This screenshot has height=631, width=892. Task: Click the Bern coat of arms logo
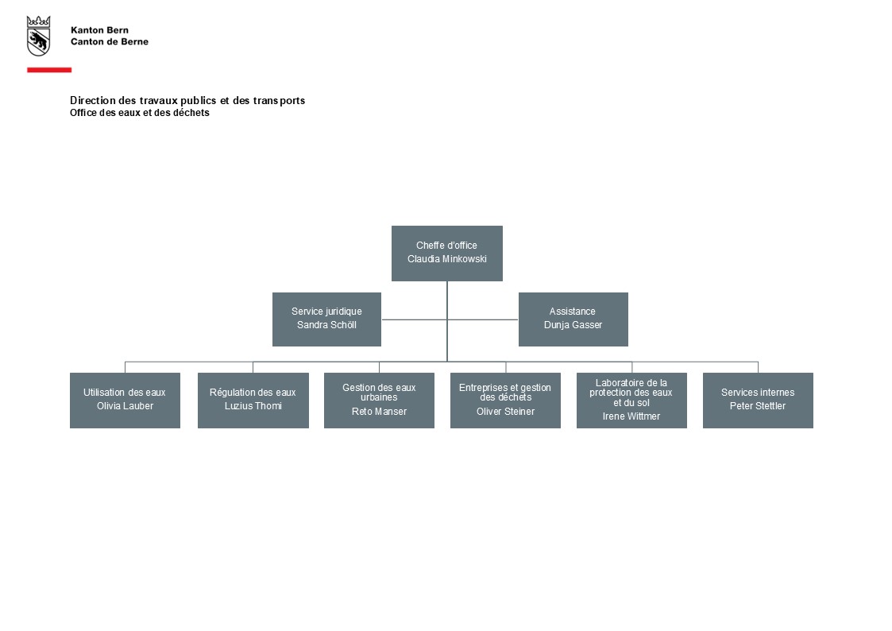[39, 36]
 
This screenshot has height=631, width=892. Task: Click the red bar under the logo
[49, 70]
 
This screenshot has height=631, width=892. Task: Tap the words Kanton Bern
[99, 30]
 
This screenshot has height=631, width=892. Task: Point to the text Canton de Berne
[110, 41]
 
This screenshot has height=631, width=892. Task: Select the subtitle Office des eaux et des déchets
[139, 113]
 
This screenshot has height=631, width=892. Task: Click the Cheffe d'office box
[447, 254]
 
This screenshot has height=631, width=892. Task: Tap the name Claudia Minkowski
[447, 259]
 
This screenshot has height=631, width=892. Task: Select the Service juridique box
[326, 319]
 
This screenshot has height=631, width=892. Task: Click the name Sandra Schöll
[326, 325]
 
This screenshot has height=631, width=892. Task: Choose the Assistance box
[573, 319]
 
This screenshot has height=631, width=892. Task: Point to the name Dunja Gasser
[573, 325]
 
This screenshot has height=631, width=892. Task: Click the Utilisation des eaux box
[125, 400]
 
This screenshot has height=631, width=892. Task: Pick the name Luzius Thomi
[253, 405]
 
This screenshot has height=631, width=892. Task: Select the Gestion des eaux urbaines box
[379, 400]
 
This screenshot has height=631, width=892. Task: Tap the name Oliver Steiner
[506, 412]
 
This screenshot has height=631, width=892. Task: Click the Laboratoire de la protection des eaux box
[631, 400]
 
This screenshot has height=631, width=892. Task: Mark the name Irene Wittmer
[631, 416]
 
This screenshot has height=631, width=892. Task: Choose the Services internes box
[758, 400]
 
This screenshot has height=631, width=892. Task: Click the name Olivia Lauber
[125, 405]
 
